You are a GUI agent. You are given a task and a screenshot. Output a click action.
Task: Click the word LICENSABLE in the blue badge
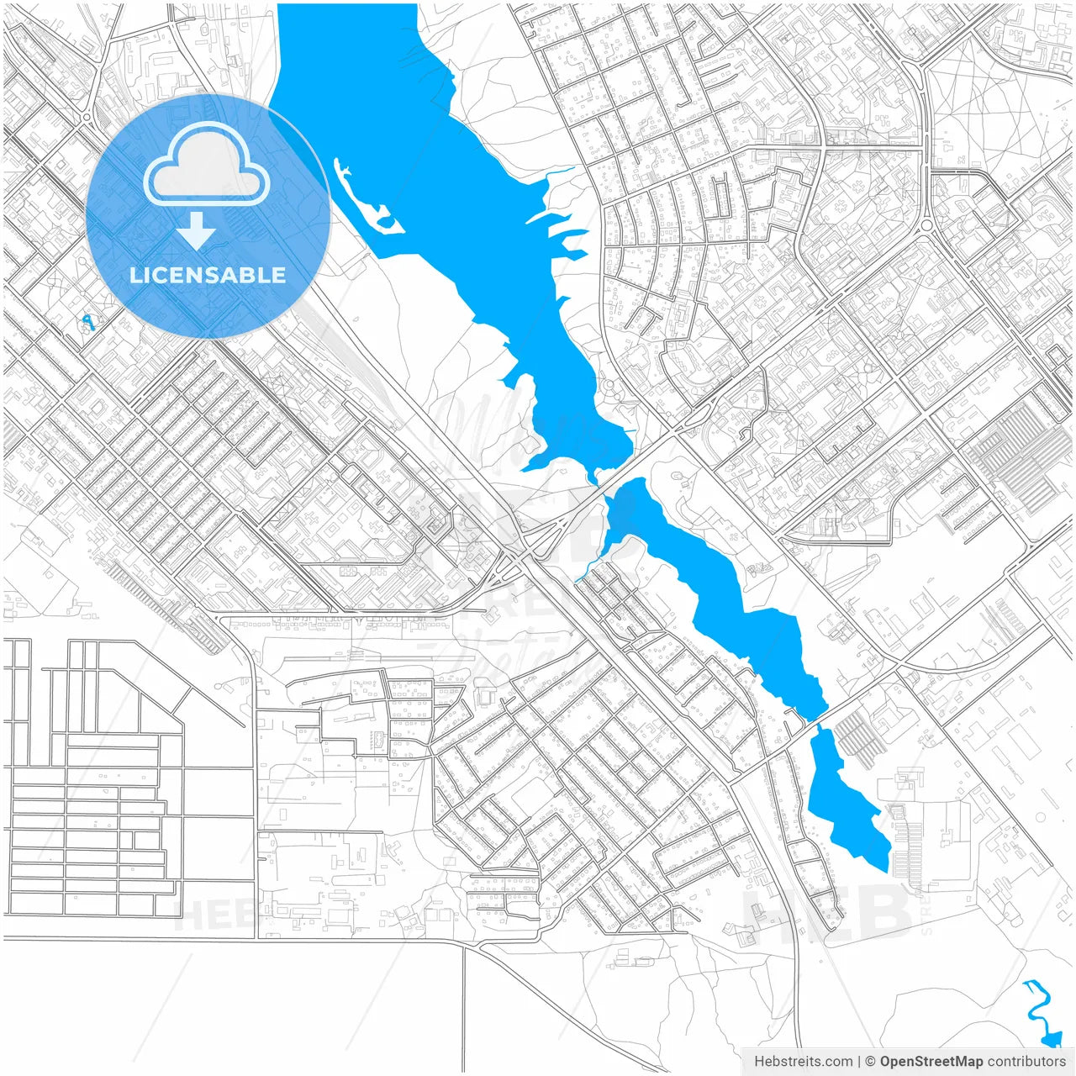coord(208,275)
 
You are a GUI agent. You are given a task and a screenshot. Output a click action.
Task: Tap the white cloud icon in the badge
coord(207,166)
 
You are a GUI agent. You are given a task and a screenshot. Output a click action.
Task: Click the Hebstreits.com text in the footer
coord(803,1062)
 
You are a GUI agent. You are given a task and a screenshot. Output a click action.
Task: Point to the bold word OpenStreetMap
coord(931,1062)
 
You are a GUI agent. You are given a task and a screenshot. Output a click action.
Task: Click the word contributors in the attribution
coord(1026,1062)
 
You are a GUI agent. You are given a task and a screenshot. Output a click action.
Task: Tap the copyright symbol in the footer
coord(871,1062)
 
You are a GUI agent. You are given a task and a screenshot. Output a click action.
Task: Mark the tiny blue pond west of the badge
coord(87,321)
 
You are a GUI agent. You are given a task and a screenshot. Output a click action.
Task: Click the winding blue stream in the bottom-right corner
coord(1040,1013)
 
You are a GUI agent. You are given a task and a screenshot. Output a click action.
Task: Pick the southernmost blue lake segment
coord(845,799)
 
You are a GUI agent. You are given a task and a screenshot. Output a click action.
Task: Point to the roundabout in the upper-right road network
coord(926,225)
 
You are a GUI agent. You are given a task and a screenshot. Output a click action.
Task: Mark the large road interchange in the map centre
coord(525,551)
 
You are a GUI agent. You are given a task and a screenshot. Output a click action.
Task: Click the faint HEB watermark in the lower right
coord(828,912)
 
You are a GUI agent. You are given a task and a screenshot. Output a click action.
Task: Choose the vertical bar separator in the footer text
coord(859,1062)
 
